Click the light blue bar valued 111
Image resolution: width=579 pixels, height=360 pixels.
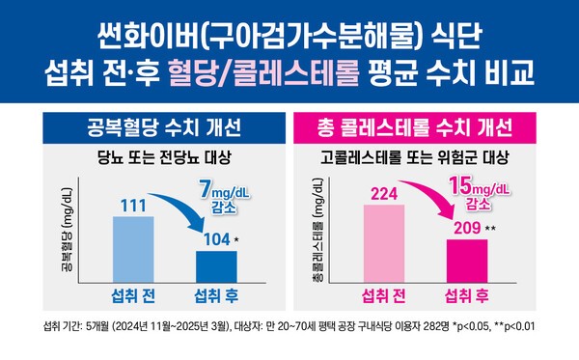coord(132,247)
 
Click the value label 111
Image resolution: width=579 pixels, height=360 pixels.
coord(132,205)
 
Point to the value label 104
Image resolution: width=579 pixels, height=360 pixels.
coord(213,238)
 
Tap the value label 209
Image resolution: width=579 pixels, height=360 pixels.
coord(463,229)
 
